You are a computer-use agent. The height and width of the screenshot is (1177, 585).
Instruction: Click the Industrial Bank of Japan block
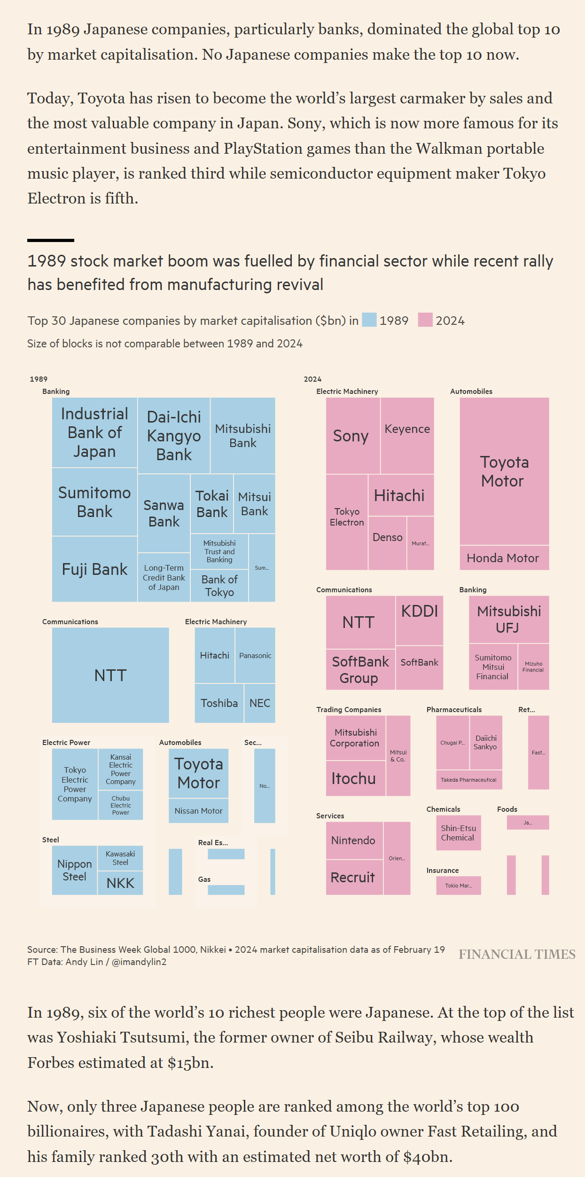coord(94,432)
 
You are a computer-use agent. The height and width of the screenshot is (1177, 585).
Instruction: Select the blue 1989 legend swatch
coord(369,320)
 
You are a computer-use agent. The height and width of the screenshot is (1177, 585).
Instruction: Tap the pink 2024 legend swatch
coord(425,320)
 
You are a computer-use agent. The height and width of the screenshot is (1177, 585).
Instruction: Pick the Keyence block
coord(407,435)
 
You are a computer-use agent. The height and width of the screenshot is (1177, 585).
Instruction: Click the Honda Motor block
coord(504,558)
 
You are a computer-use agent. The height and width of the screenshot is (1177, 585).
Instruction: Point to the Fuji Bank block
coord(94,569)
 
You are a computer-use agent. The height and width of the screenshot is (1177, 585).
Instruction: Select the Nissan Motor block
coord(198,811)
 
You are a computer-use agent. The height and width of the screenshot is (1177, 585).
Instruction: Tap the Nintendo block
coord(354,840)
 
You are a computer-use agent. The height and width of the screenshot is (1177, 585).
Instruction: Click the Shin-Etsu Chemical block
coord(458,833)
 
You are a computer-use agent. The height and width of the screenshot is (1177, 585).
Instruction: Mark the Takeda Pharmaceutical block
coord(468,780)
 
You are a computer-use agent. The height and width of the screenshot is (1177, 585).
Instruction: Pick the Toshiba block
coord(219,703)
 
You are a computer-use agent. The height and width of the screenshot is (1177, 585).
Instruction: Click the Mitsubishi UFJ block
coord(508,620)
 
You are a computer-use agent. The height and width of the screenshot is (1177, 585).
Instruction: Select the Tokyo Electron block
coord(347,522)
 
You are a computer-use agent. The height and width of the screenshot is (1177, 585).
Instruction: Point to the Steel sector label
coord(51,840)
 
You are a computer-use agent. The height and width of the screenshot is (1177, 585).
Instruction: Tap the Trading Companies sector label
coord(349,710)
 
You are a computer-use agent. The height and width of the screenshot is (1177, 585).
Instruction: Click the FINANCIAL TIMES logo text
coord(517,955)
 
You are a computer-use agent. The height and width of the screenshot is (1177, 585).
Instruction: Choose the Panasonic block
coord(255,655)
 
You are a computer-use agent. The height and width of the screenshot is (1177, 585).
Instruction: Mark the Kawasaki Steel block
coord(120,858)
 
